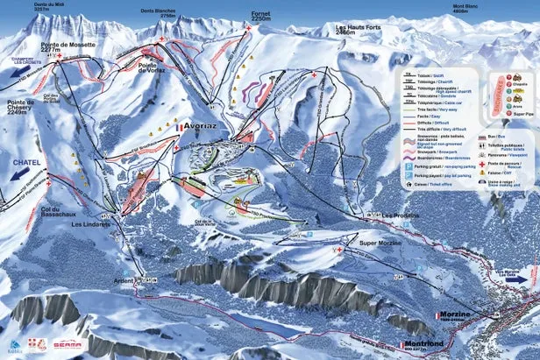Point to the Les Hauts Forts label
point(359,28)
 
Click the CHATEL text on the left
point(21,163)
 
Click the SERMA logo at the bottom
point(67,345)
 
